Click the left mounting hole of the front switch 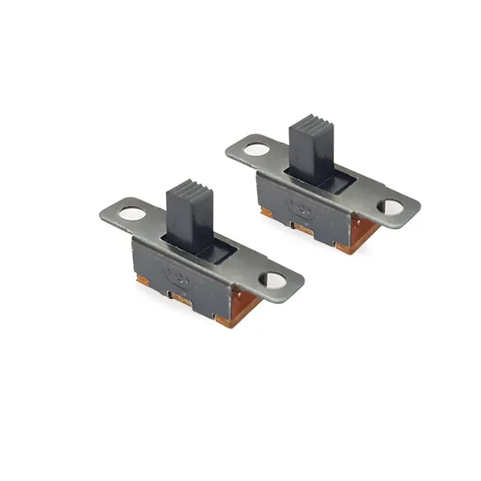click(132, 213)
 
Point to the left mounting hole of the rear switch click(256, 149)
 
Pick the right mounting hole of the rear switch click(392, 207)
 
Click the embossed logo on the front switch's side click(179, 271)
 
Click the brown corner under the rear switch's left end click(266, 213)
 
